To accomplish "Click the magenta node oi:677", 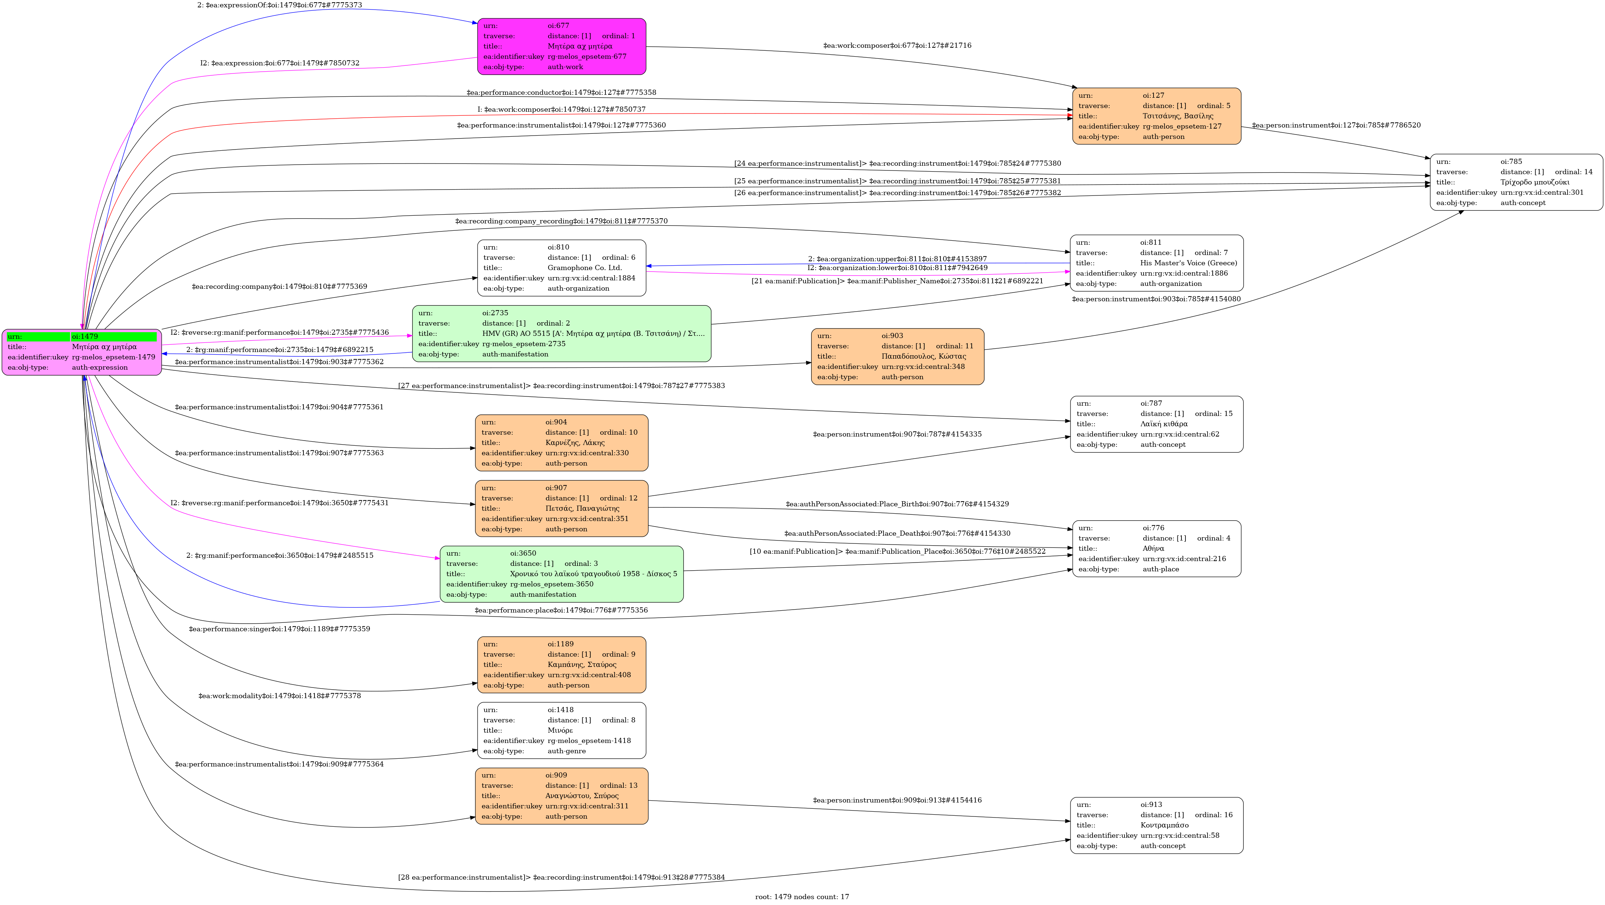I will point(561,46).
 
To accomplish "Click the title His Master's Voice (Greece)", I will point(1188,263).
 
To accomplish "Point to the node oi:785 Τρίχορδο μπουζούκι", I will point(1516,182).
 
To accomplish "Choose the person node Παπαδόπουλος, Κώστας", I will point(897,356).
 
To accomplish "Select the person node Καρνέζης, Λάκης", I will point(561,442).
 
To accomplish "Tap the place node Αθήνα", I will point(1156,549).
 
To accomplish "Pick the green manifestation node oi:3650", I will point(561,574).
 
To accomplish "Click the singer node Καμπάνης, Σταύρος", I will point(561,664).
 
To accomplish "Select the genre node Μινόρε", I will point(561,730).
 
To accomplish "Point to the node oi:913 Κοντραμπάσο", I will point(1156,825).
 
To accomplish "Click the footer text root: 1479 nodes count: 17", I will point(802,897).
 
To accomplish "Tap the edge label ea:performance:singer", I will point(279,629).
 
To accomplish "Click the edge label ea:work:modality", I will point(279,696).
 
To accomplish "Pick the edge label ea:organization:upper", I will point(897,259).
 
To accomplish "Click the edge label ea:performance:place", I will point(561,610).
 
